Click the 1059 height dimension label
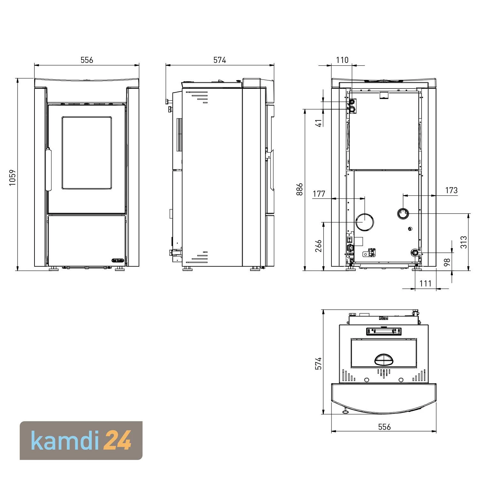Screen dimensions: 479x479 12,178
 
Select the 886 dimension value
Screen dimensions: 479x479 299,189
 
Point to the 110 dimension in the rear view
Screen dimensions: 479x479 342,60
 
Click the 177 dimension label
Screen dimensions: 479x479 319,194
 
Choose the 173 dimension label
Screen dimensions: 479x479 451,190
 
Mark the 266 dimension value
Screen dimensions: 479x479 318,246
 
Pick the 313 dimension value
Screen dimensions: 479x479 464,242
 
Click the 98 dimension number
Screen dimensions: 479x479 447,262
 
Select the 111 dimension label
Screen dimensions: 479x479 425,283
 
